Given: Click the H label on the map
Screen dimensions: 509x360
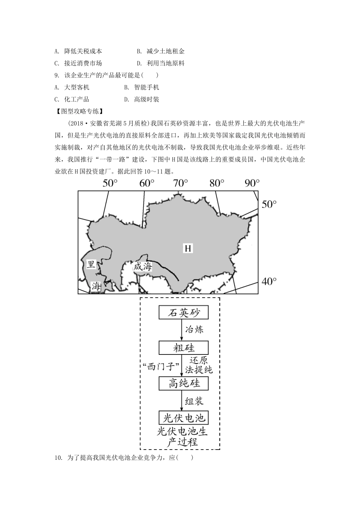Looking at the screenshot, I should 188,248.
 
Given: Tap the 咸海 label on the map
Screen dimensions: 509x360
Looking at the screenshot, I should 142,267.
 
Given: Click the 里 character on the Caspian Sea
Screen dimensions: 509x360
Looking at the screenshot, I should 91,264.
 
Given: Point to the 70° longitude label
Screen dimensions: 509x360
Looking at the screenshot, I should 180,183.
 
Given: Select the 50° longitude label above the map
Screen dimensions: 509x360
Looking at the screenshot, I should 110,183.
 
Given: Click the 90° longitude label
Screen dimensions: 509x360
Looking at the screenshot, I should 252,183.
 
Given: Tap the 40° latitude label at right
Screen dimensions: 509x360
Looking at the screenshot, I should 269,281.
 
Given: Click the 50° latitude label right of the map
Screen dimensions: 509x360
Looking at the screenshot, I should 269,204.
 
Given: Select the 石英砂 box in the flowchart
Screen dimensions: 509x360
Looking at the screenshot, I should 183,313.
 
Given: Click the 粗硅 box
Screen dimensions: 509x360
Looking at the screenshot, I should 183,348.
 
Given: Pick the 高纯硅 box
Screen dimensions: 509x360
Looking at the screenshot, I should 183,383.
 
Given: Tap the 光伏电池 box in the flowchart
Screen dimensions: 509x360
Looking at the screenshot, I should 183,418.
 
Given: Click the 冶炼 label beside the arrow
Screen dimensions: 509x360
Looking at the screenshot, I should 194,329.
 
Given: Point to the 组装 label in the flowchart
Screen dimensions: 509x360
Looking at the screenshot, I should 194,401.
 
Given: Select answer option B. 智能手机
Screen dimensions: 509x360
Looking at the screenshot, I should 142,87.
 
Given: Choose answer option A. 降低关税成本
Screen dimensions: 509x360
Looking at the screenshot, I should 78,51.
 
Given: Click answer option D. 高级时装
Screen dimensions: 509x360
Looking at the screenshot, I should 142,100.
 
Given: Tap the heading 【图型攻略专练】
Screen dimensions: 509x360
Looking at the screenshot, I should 79,111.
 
